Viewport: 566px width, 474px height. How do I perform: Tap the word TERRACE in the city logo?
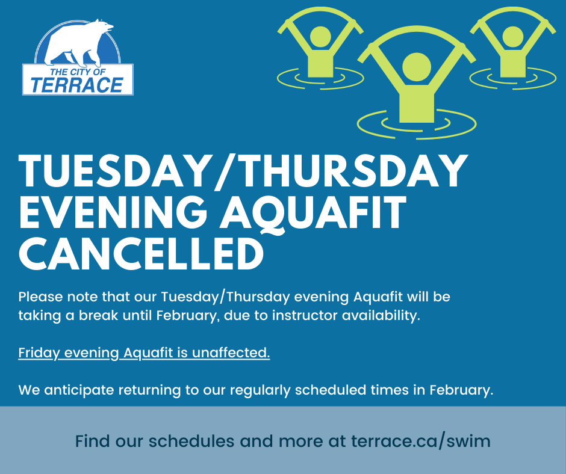coord(77,85)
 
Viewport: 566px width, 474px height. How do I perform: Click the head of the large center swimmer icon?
coord(417,67)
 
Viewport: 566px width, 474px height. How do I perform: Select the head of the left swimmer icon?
coord(320,37)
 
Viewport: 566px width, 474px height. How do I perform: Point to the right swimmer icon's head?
coord(512,37)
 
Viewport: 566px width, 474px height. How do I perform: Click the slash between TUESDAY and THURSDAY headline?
coord(225,171)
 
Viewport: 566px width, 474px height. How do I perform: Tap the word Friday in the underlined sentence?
coord(39,353)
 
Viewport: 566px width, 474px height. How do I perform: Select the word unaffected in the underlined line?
coord(231,352)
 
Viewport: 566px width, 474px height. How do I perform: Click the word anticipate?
coord(79,390)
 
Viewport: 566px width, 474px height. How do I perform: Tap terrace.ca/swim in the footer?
coord(420,441)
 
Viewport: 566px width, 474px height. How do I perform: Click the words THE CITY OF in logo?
coord(78,72)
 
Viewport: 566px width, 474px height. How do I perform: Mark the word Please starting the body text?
coord(40,297)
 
